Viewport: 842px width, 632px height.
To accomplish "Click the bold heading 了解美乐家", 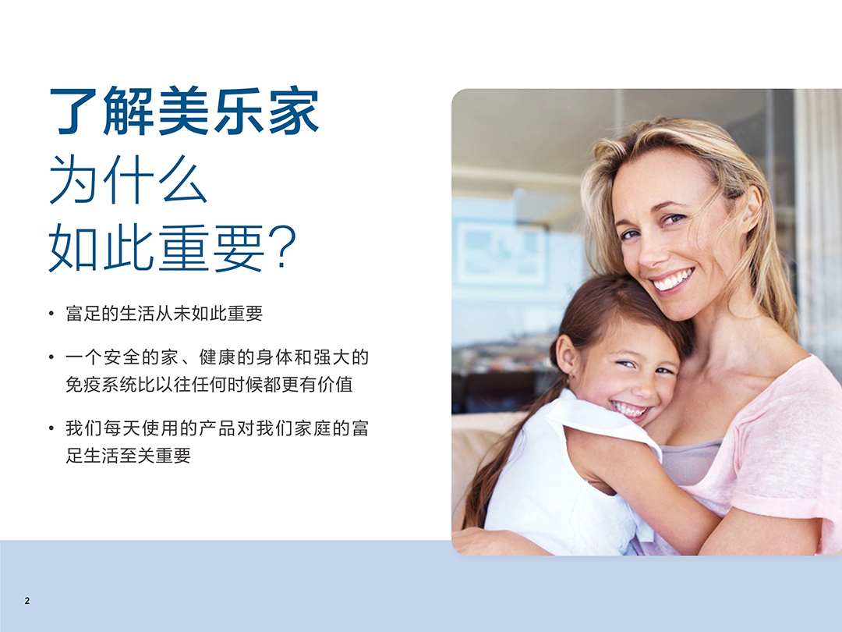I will [x=184, y=112].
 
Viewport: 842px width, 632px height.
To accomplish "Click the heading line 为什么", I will [x=128, y=180].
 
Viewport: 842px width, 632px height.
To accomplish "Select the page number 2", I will [x=27, y=601].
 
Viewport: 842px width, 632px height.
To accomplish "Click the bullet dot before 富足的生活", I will [x=51, y=314].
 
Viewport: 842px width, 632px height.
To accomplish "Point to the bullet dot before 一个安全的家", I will [x=51, y=358].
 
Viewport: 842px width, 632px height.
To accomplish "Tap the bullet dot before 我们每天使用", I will [x=51, y=428].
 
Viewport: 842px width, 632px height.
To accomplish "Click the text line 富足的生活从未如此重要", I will [x=164, y=314].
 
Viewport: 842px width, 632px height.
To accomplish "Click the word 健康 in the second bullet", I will [x=218, y=358].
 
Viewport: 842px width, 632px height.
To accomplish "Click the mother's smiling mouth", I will [x=672, y=279].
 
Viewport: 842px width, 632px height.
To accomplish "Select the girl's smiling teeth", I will [x=630, y=409].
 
